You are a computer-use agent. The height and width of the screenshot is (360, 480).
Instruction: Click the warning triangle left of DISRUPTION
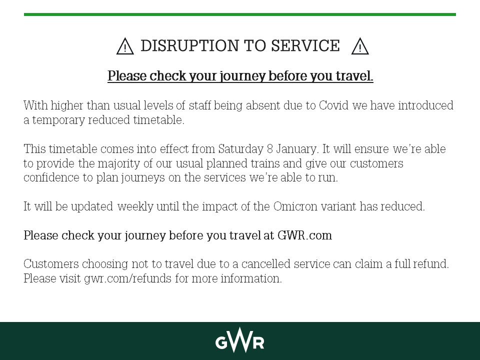125,47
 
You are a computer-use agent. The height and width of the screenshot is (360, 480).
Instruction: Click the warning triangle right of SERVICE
360,47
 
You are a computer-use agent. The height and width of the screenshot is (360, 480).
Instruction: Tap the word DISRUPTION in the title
190,46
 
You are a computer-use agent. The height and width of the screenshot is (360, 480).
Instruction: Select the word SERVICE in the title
305,46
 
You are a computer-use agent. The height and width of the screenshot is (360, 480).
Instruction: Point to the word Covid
334,106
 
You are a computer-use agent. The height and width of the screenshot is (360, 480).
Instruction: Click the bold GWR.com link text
304,236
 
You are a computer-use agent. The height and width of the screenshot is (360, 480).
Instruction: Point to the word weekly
134,207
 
